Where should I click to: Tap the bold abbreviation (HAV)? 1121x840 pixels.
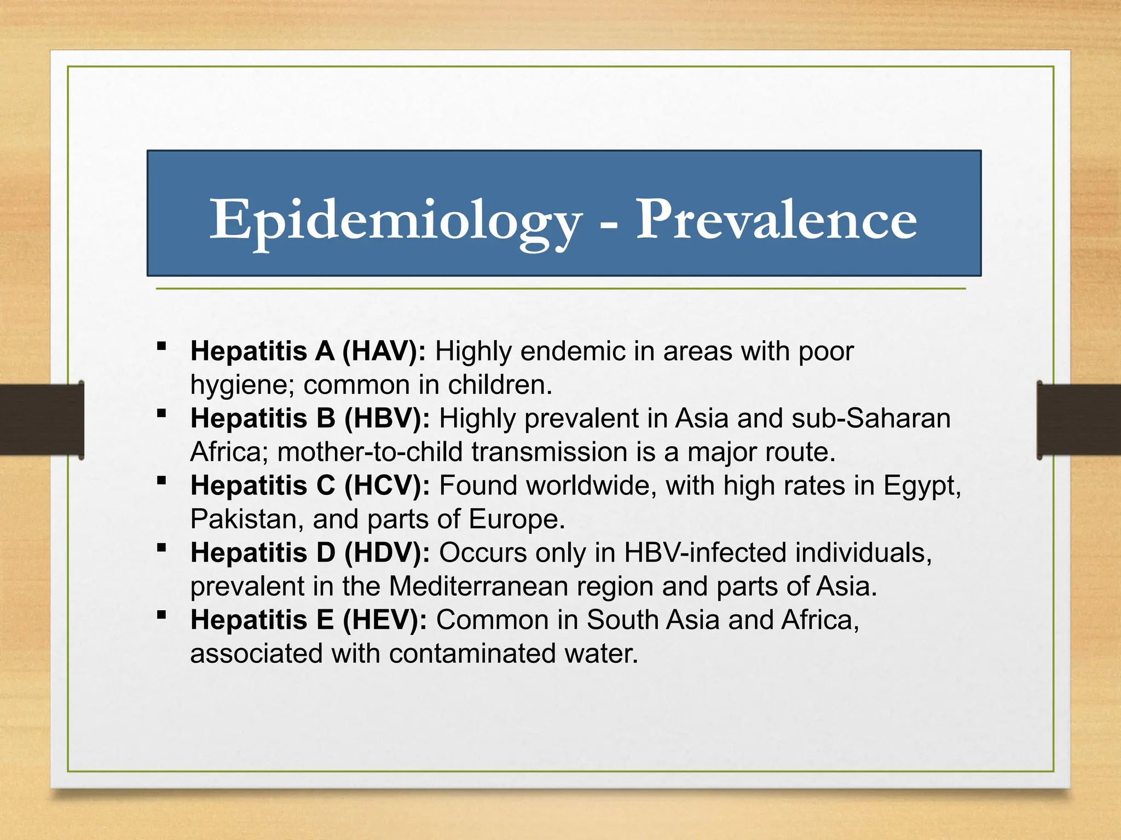point(384,351)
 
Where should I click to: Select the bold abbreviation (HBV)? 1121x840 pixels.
point(387,418)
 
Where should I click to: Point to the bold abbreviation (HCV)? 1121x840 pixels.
point(387,486)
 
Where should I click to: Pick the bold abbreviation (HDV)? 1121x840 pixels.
point(387,553)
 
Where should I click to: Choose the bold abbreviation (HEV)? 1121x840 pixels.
point(385,620)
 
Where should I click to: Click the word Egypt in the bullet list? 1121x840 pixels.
point(922,486)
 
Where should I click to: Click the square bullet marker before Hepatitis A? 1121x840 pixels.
point(161,346)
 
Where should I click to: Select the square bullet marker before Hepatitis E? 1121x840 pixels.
point(161,615)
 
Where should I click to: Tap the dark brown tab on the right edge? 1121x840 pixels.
point(1078,420)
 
